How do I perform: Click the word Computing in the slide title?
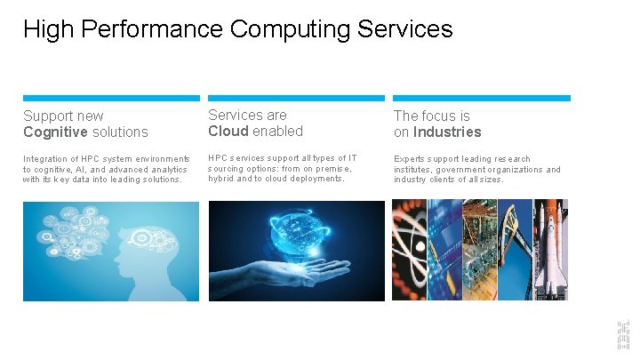coord(291,29)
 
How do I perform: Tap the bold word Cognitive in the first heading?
coord(55,132)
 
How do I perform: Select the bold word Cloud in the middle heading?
coord(228,132)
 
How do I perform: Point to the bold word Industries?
coord(446,132)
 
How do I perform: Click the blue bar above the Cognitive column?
coord(111,98)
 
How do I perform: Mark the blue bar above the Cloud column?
coord(296,98)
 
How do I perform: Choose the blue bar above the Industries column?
coord(482,98)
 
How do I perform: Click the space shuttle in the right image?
coord(550,249)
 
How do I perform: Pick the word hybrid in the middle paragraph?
coord(223,179)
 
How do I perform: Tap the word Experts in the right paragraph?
coord(411,159)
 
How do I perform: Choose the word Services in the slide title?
coord(405,29)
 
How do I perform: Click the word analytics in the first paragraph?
coord(168,170)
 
